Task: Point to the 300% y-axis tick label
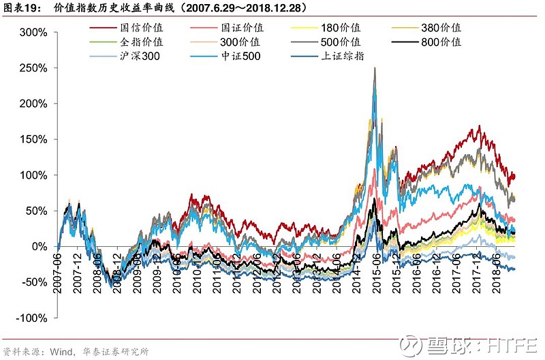pos(33,33)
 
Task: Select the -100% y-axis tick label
pos(30,318)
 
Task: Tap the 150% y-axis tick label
pos(33,139)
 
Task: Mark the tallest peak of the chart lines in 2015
pos(375,68)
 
